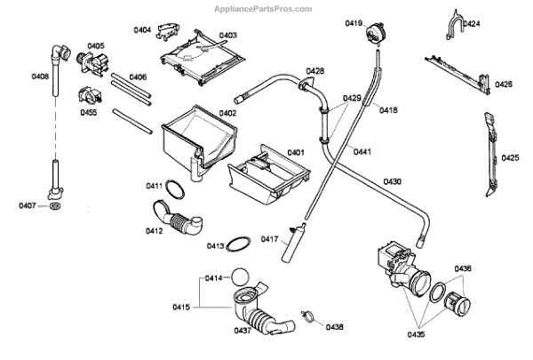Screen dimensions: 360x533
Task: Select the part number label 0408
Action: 40,77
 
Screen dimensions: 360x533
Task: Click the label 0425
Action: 510,158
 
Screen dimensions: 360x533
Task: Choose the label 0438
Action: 334,327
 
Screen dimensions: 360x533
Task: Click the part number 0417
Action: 270,238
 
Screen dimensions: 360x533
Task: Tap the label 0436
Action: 464,268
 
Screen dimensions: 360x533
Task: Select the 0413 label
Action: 215,245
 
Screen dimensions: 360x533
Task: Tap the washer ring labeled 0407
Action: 56,206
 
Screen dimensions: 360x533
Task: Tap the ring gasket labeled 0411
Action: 177,188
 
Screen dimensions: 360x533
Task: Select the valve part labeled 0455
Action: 89,96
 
